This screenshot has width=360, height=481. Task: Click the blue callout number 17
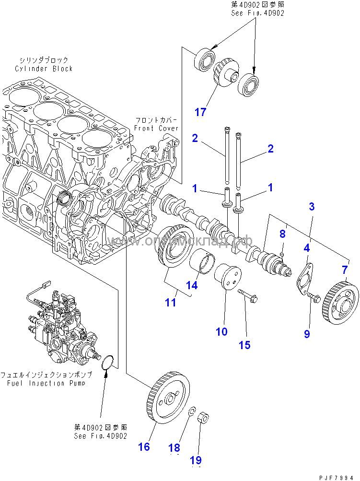tap(200, 112)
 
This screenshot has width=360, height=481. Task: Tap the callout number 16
tap(144, 446)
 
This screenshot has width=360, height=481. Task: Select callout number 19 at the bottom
tap(196, 460)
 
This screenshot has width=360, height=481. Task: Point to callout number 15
tap(244, 345)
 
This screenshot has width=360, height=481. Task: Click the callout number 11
tap(171, 303)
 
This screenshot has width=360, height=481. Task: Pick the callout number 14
tap(192, 285)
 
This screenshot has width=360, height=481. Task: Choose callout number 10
tap(221, 331)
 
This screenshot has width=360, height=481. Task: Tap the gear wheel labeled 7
tap(341, 299)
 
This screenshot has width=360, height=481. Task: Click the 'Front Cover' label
tap(156, 128)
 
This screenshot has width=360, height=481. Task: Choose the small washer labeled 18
tap(191, 411)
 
